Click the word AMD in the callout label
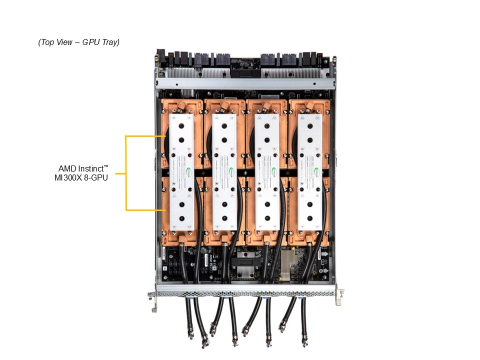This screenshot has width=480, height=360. click(67, 168)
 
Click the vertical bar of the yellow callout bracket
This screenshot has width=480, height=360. click(126, 172)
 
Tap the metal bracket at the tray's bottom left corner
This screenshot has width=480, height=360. click(152, 299)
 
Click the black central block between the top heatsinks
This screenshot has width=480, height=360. click(245, 73)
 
